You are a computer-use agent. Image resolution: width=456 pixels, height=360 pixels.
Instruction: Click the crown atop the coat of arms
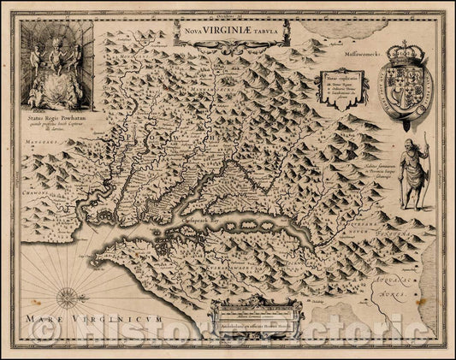tap(402, 53)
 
